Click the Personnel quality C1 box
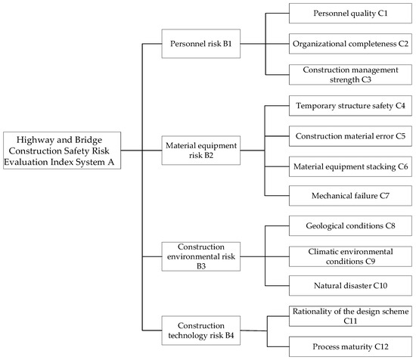coord(350,14)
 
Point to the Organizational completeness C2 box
coord(350,44)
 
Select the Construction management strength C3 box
coord(350,74)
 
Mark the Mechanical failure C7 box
coord(350,194)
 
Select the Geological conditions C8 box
coord(350,225)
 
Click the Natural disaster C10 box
coord(350,285)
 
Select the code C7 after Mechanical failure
coord(381,194)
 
